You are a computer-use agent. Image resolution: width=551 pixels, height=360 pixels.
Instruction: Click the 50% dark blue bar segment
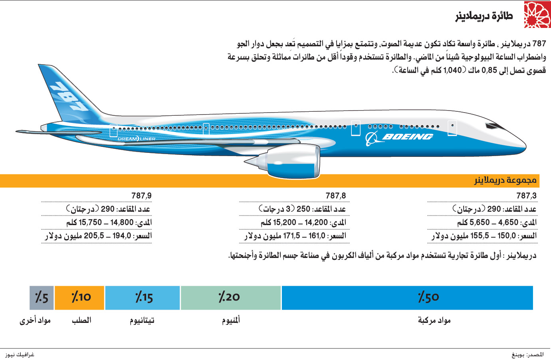click(x=407, y=297)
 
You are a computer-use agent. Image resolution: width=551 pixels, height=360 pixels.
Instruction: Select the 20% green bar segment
click(x=230, y=297)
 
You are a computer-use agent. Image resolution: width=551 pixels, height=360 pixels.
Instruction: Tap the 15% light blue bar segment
click(x=143, y=297)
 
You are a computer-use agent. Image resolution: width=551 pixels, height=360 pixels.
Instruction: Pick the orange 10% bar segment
click(x=79, y=297)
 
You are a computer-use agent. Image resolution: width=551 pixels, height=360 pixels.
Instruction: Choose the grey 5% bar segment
click(x=42, y=297)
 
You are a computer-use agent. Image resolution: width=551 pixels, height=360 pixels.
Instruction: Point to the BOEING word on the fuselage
click(x=407, y=137)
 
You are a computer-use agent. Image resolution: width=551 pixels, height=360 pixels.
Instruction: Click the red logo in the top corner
click(x=537, y=15)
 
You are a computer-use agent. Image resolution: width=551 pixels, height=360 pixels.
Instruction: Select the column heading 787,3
click(x=526, y=196)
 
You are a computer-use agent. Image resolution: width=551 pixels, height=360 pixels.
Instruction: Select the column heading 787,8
click(x=335, y=196)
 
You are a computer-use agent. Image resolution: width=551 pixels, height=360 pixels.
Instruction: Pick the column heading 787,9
click(x=141, y=196)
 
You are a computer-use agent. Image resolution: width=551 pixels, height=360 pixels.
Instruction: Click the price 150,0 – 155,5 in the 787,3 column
click(x=474, y=236)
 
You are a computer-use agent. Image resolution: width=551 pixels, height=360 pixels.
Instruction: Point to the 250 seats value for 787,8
click(x=303, y=209)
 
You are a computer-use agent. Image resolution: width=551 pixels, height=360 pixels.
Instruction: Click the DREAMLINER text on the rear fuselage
click(x=137, y=139)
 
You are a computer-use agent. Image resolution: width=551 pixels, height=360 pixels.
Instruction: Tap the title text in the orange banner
click(x=505, y=181)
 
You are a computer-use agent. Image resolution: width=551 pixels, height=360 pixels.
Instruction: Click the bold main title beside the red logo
click(x=484, y=16)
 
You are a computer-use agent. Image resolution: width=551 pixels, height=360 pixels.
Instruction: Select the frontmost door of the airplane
click(x=452, y=128)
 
